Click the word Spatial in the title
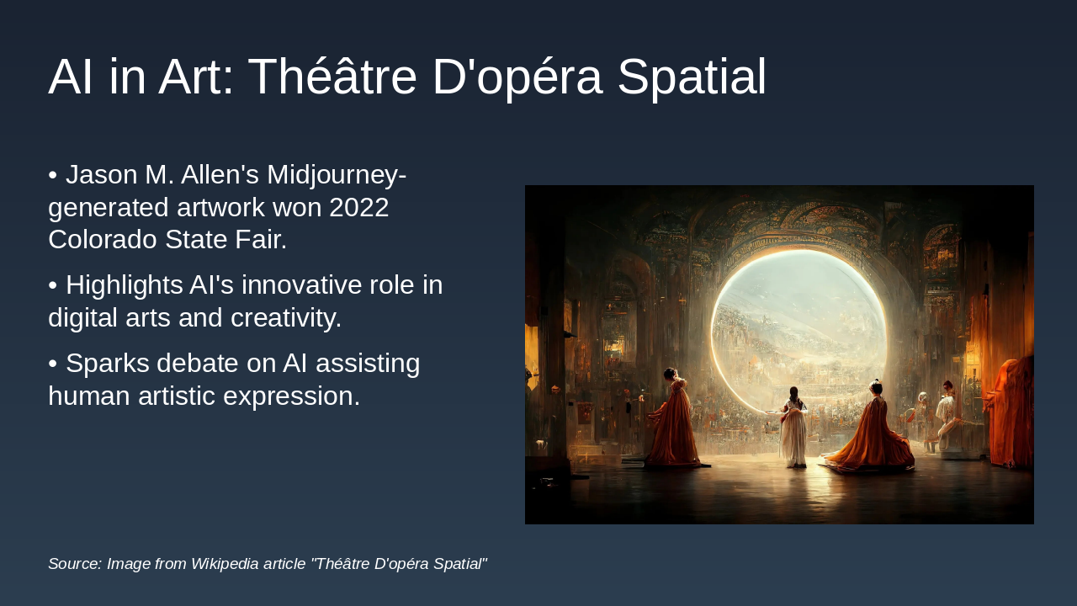692,77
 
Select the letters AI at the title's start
71,77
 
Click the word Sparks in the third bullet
108,364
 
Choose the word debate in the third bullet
200,364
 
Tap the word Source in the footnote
74,564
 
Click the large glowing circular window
798,324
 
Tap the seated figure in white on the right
946,417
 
